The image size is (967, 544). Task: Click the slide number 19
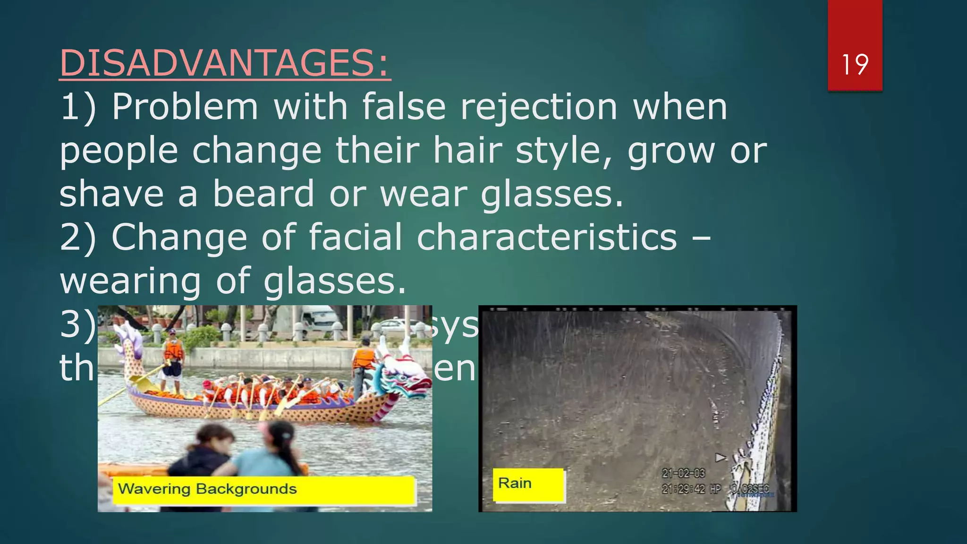(855, 65)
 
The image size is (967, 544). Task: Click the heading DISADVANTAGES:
(225, 63)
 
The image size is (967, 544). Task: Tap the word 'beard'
(263, 194)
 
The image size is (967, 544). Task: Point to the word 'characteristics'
(547, 237)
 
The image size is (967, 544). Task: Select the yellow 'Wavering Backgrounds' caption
(263, 489)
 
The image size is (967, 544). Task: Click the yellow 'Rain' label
(528, 484)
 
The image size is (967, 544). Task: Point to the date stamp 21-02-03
(683, 473)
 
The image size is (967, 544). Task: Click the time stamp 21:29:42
(683, 489)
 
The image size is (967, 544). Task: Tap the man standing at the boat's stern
(172, 357)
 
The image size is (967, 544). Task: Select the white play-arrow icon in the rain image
(721, 457)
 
